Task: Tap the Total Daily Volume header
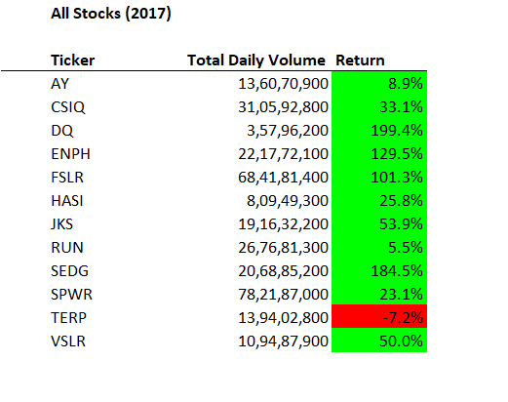pyautogui.click(x=257, y=60)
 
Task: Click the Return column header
pyautogui.click(x=360, y=60)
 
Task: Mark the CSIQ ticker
pyautogui.click(x=66, y=106)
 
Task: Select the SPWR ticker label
pyautogui.click(x=69, y=293)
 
